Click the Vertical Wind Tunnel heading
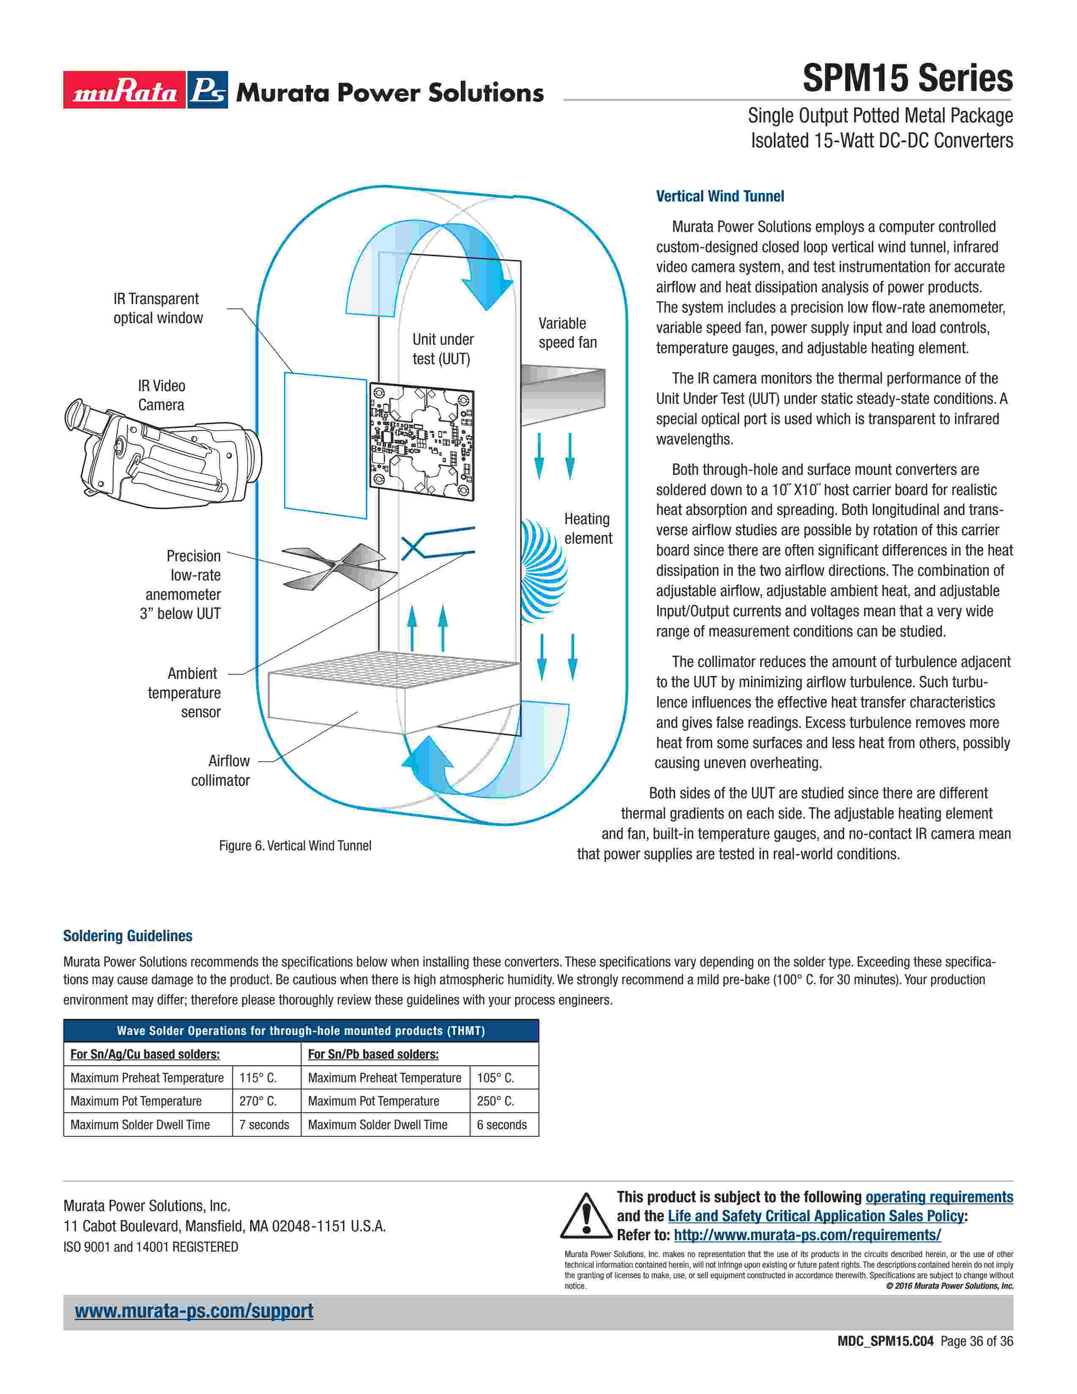[x=720, y=196]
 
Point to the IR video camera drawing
[x=163, y=453]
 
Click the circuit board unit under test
[x=421, y=441]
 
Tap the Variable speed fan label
[x=567, y=332]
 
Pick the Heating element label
[x=587, y=528]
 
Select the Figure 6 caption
[x=295, y=846]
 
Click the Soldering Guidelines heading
[x=128, y=936]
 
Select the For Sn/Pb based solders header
[x=373, y=1054]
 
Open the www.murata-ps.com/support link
[x=194, y=1311]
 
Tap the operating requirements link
[x=938, y=1198]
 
